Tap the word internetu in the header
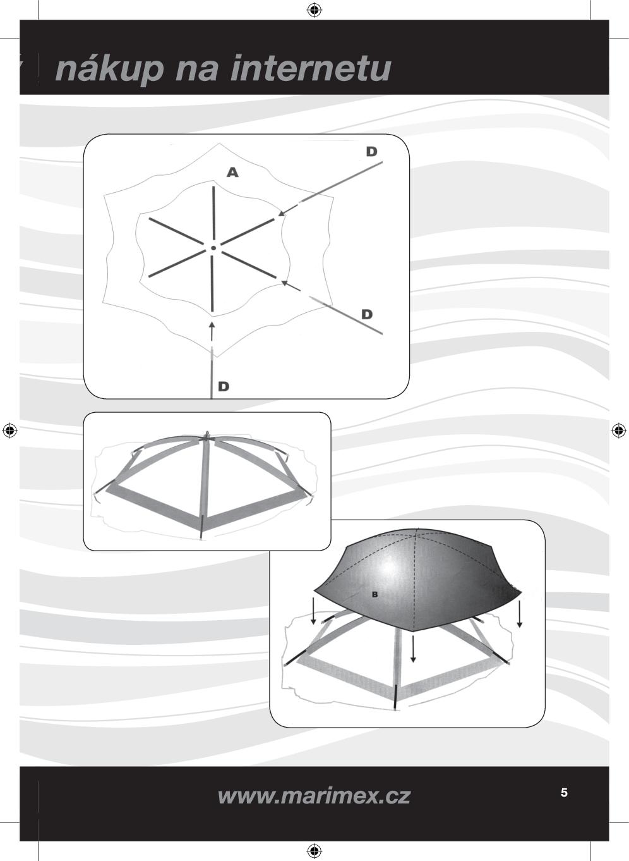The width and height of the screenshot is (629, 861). click(310, 68)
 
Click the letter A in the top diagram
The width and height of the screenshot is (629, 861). click(232, 173)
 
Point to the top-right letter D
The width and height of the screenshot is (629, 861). click(372, 152)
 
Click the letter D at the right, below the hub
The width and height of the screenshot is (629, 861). click(367, 314)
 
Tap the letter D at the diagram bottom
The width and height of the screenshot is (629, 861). click(224, 386)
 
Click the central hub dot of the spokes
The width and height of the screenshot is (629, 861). click(213, 248)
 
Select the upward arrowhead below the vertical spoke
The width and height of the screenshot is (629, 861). click(211, 325)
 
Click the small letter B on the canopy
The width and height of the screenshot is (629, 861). click(374, 595)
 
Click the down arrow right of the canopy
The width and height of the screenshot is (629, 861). click(520, 614)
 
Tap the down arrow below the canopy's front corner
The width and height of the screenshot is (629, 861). click(413, 649)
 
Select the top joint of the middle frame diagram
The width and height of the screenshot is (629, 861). click(207, 436)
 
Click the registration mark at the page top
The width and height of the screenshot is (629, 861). click(314, 10)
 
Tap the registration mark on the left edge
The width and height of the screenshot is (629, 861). click(10, 430)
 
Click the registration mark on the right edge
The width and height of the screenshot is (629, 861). click(618, 430)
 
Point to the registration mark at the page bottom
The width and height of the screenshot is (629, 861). click(314, 850)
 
